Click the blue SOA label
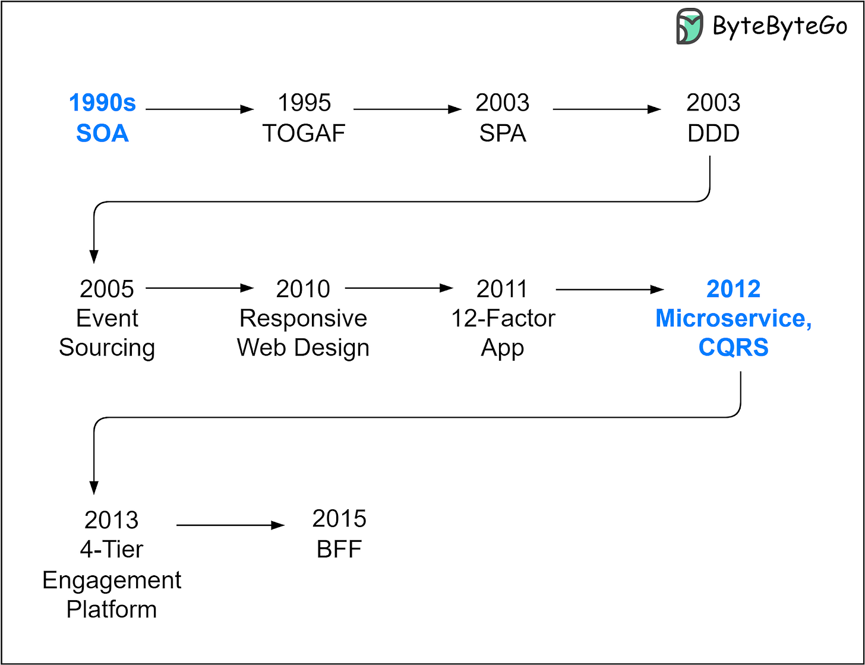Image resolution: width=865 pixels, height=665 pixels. (102, 133)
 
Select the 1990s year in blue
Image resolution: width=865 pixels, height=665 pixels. (102, 103)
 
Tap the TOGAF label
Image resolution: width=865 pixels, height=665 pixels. (304, 133)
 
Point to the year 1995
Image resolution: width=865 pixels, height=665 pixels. (304, 103)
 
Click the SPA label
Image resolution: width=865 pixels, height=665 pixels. (503, 133)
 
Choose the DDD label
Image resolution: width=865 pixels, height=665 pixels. (713, 133)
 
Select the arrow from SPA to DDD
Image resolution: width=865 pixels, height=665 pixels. (607, 109)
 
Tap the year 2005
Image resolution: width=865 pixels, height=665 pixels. (107, 289)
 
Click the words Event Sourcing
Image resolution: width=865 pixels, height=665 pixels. (107, 333)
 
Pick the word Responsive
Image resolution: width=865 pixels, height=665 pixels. (303, 319)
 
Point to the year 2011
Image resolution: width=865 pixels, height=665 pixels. (503, 289)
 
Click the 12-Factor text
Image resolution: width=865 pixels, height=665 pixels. (503, 319)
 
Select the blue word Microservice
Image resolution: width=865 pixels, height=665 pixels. (733, 319)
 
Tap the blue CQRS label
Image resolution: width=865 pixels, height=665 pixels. (733, 348)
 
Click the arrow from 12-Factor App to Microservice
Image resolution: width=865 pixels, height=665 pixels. (610, 289)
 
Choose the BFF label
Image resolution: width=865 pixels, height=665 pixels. (339, 549)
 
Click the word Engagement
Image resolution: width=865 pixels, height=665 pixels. (112, 579)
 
